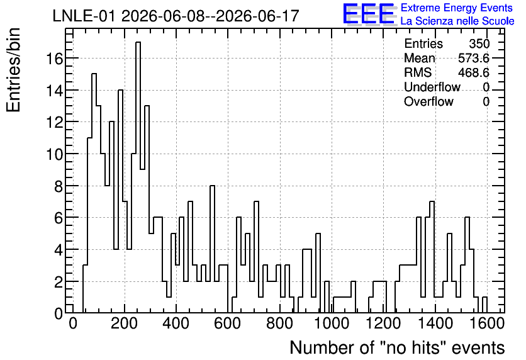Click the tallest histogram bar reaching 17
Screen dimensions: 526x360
138,177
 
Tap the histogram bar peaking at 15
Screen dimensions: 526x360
94,193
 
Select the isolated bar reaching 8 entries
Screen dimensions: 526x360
212,249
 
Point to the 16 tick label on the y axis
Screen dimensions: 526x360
55,59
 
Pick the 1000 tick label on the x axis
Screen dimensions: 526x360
332,323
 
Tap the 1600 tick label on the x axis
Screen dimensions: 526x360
487,323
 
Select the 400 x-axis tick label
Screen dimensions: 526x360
176,323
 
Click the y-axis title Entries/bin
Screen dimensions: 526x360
13,70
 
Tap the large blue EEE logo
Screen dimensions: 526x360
369,14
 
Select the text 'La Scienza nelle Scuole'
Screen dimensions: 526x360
457,21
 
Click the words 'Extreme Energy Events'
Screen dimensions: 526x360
457,8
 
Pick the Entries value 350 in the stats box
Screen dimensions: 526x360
479,43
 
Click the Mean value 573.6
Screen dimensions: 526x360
474,58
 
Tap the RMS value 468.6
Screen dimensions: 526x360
474,72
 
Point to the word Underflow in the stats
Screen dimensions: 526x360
432,87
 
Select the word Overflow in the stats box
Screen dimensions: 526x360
428,101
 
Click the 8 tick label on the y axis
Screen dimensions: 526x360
59,186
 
